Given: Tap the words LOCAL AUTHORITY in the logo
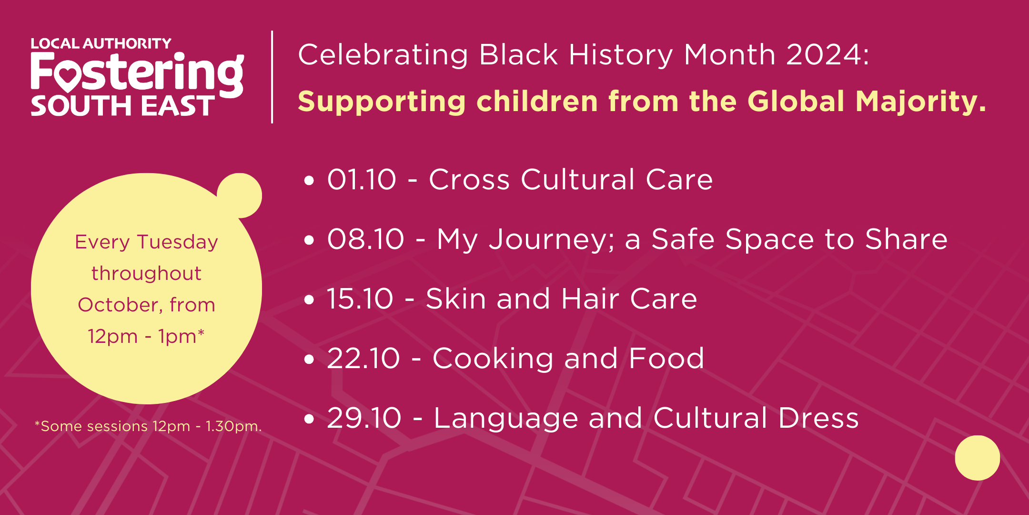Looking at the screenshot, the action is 101,43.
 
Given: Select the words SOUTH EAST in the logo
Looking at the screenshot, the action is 123,106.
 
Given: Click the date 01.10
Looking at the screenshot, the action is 362,179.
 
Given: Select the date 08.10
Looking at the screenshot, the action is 366,239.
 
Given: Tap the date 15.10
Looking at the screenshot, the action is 360,299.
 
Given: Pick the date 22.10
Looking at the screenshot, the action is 363,358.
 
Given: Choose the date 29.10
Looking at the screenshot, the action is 364,418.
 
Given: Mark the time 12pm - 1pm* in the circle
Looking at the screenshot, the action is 146,336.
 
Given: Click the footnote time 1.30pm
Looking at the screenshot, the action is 233,426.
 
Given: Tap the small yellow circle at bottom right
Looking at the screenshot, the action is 978,458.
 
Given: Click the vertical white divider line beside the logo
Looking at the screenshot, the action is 272,77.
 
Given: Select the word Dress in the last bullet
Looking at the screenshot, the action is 818,418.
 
